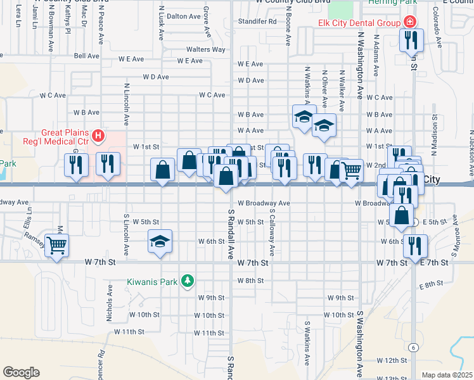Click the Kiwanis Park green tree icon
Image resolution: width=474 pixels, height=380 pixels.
click(x=187, y=280)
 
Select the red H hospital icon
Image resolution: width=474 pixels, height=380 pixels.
click(x=98, y=135)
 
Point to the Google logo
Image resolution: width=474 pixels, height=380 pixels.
click(x=21, y=372)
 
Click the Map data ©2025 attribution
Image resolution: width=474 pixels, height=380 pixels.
click(x=447, y=375)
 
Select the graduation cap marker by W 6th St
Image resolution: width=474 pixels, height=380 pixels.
click(x=161, y=241)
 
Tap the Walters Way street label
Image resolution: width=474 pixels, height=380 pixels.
click(x=205, y=49)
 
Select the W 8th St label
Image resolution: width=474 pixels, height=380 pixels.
click(x=250, y=281)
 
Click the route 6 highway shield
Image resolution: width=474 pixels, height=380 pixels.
click(x=413, y=347)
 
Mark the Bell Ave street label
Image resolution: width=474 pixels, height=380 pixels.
click(x=87, y=56)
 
